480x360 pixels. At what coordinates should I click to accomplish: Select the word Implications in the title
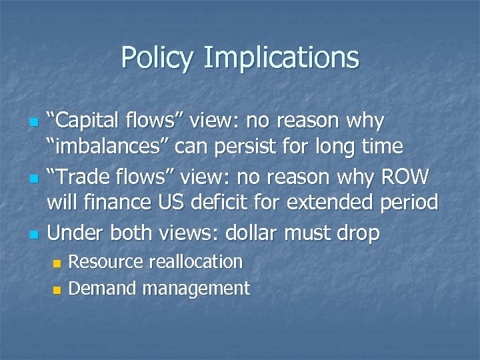[x=281, y=59]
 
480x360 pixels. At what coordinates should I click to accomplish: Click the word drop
[x=358, y=233]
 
